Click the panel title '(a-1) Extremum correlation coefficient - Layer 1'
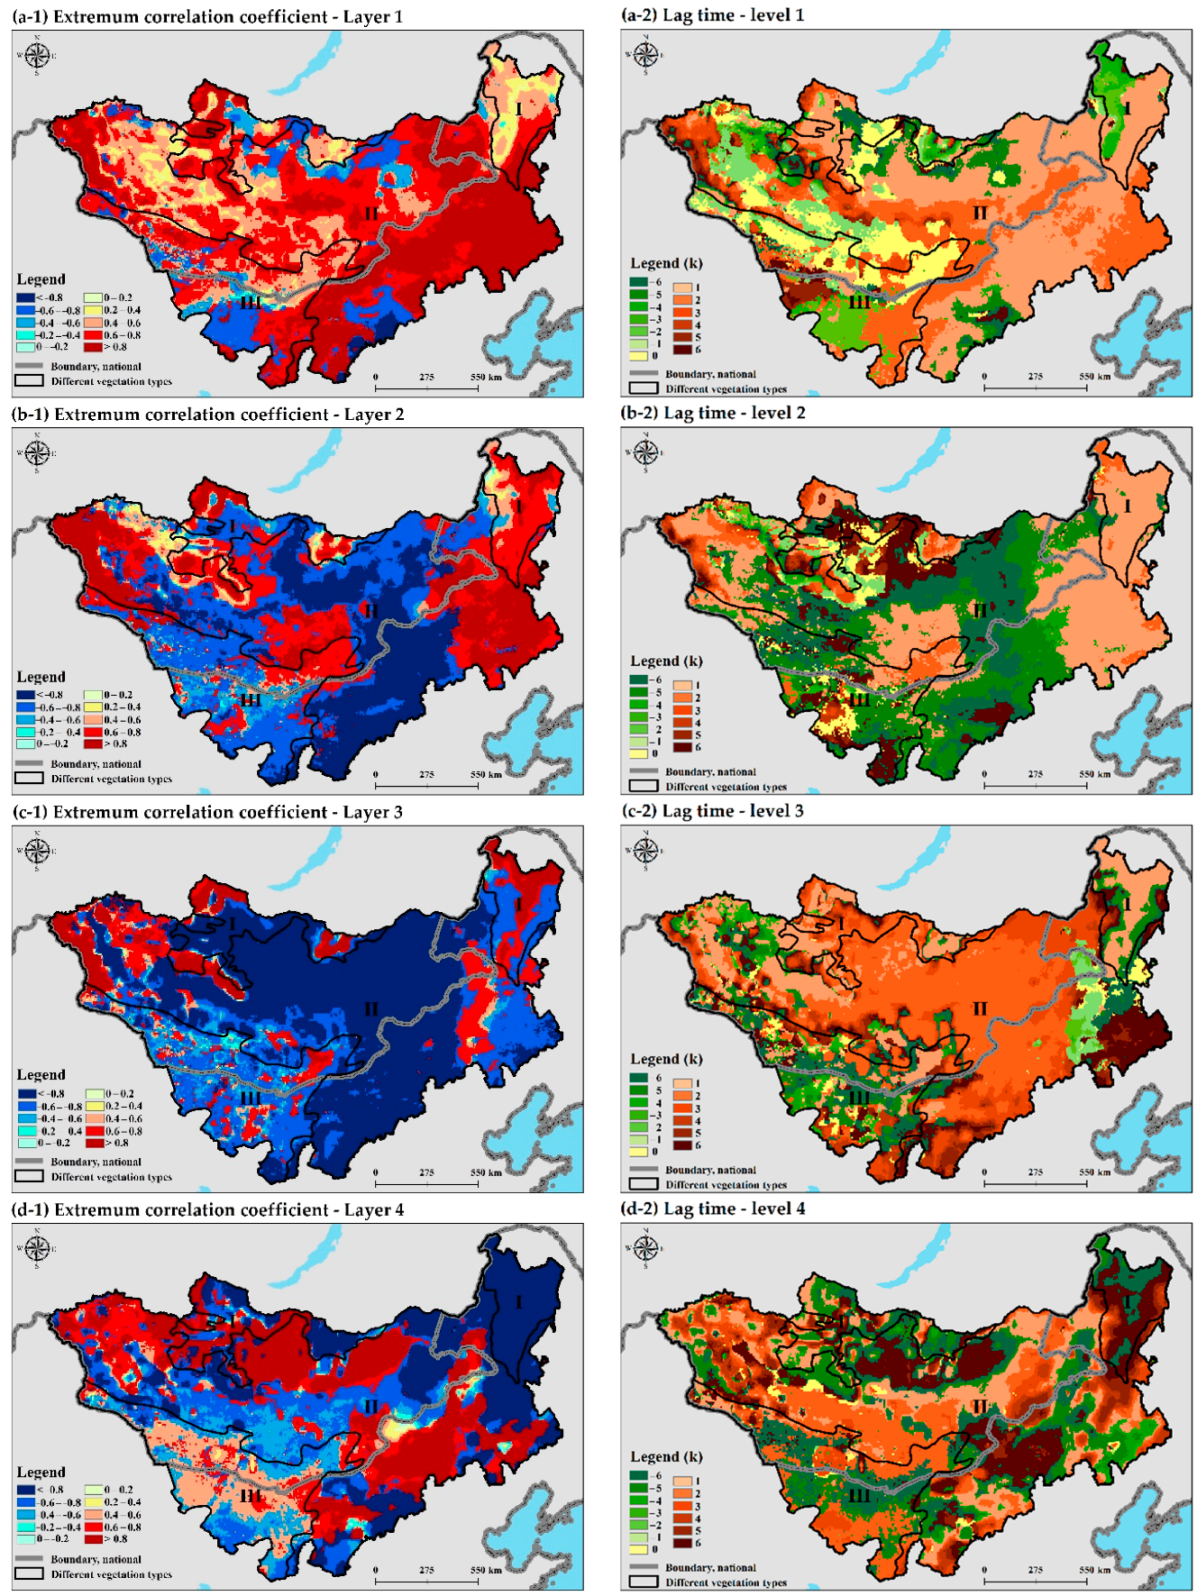coord(206,16)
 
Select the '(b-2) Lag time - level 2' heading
coord(713,413)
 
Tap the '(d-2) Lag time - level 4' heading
coord(713,1208)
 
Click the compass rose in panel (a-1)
coord(37,55)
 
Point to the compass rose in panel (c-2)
coord(645,850)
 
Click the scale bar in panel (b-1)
coord(426,786)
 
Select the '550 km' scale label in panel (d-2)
coord(1095,1569)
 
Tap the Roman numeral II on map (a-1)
coord(371,214)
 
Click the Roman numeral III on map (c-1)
coord(250,1097)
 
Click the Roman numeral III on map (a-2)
coord(860,302)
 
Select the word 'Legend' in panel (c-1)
coord(41,1074)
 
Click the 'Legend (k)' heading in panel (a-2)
coord(666,263)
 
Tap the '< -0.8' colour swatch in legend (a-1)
coord(25,297)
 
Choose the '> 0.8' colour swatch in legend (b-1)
coord(93,743)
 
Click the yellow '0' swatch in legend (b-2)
coord(638,753)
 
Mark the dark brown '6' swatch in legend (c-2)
coord(682,1145)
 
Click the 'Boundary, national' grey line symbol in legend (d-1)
coord(29,1558)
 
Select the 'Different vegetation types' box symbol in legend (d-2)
coord(643,1582)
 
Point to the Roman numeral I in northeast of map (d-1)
coord(518,1302)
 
